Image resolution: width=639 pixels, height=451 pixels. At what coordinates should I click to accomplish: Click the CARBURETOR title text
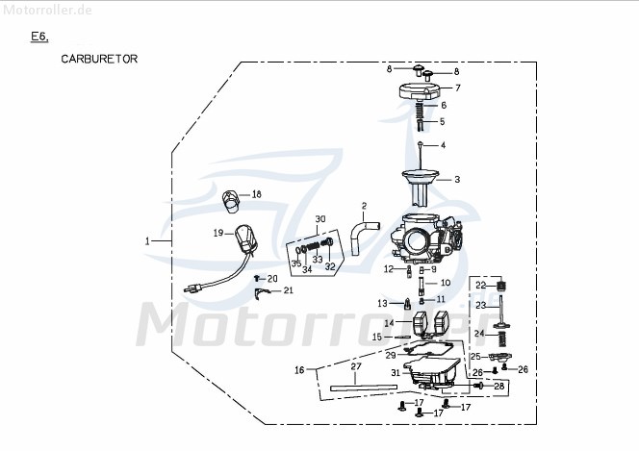[99, 59]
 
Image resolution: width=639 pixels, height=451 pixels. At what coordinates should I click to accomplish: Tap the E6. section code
[39, 37]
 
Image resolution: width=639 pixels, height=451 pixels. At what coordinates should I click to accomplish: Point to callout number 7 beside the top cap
[457, 88]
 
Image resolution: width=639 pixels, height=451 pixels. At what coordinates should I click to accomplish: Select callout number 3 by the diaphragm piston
[457, 179]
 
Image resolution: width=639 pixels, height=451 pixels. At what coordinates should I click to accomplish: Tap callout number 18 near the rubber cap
[256, 194]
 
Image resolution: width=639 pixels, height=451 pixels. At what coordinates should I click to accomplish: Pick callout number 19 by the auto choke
[218, 233]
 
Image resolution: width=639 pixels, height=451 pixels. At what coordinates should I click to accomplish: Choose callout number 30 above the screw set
[320, 218]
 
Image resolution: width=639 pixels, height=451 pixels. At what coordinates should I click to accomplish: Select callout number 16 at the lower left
[299, 369]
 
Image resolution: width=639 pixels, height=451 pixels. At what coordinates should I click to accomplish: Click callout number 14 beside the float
[389, 323]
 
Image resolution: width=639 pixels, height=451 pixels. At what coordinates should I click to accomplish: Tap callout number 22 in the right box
[480, 285]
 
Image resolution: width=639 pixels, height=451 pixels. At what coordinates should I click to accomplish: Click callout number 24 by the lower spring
[478, 333]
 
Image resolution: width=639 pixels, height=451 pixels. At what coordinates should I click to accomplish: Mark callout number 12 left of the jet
[390, 269]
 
